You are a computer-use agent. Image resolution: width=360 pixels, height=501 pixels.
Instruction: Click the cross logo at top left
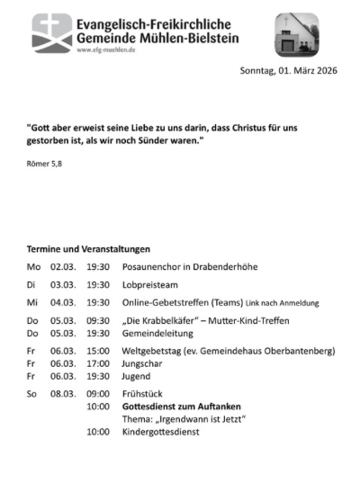[52, 32]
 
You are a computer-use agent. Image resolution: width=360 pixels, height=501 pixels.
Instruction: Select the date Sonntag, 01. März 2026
[288, 71]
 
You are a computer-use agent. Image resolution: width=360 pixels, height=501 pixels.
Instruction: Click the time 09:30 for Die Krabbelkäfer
[98, 320]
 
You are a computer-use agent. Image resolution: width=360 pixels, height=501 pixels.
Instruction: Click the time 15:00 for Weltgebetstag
[98, 351]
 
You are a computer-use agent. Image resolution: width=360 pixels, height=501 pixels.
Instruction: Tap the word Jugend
[137, 376]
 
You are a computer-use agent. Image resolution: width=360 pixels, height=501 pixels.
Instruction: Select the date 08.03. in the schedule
[63, 394]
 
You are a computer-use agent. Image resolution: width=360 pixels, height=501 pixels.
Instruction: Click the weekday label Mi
[33, 303]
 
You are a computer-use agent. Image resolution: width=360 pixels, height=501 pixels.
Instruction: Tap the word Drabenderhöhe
[227, 267]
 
